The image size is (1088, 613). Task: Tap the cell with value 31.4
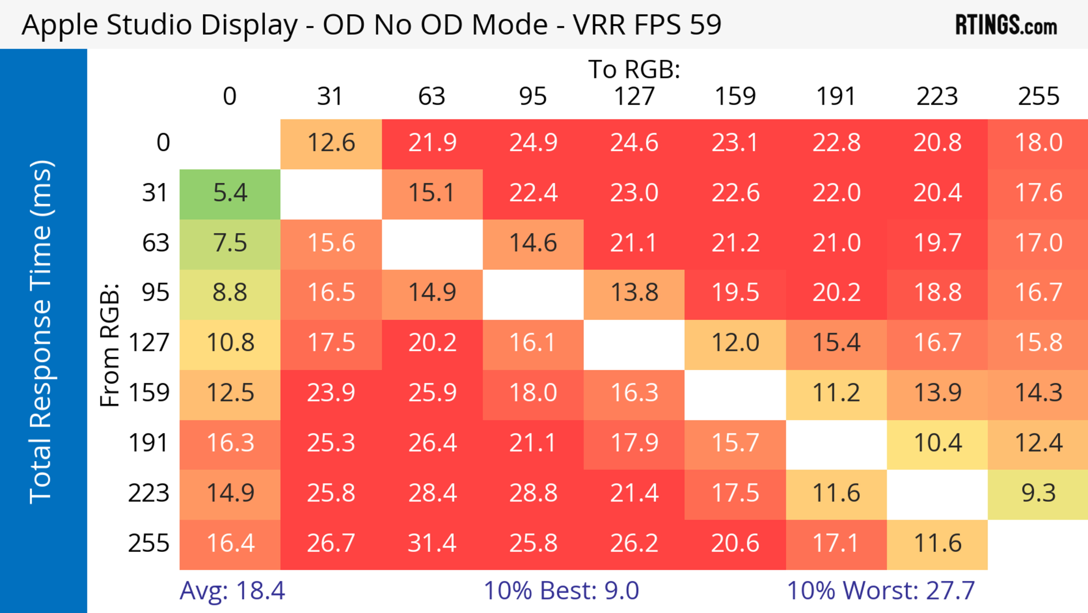pyautogui.click(x=432, y=544)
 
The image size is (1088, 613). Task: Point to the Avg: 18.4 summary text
pyautogui.click(x=232, y=591)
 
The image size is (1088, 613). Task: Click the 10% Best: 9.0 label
pyautogui.click(x=561, y=591)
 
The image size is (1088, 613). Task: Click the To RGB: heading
pyautogui.click(x=634, y=69)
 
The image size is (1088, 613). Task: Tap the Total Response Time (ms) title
pyautogui.click(x=41, y=332)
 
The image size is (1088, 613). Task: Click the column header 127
pyautogui.click(x=634, y=96)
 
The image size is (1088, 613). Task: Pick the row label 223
pyautogui.click(x=149, y=493)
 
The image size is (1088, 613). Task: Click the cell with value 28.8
pyautogui.click(x=533, y=493)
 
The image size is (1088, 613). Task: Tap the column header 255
pyautogui.click(x=1039, y=96)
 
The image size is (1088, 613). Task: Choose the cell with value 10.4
pyautogui.click(x=937, y=443)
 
